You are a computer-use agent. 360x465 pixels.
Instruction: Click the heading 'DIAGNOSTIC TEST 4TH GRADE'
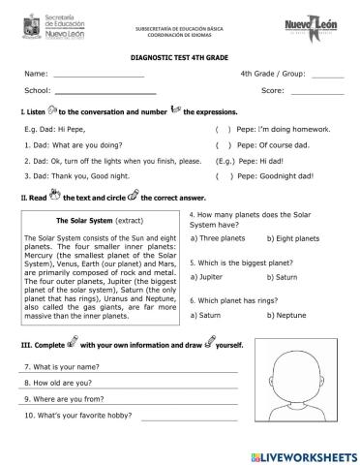(x=179, y=57)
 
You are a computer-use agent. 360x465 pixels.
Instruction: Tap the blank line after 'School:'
(x=107, y=94)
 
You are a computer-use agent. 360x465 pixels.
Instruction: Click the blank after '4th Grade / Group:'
(x=328, y=77)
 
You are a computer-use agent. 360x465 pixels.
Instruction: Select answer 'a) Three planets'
(x=219, y=237)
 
